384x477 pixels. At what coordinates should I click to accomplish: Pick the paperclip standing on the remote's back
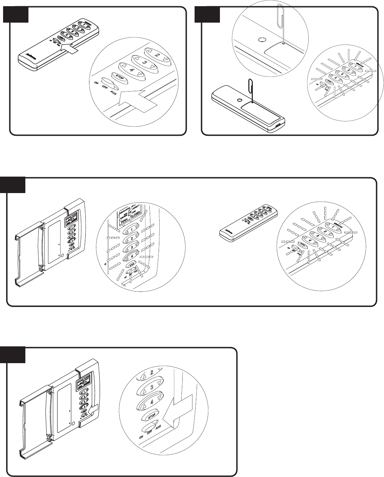click(x=251, y=90)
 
